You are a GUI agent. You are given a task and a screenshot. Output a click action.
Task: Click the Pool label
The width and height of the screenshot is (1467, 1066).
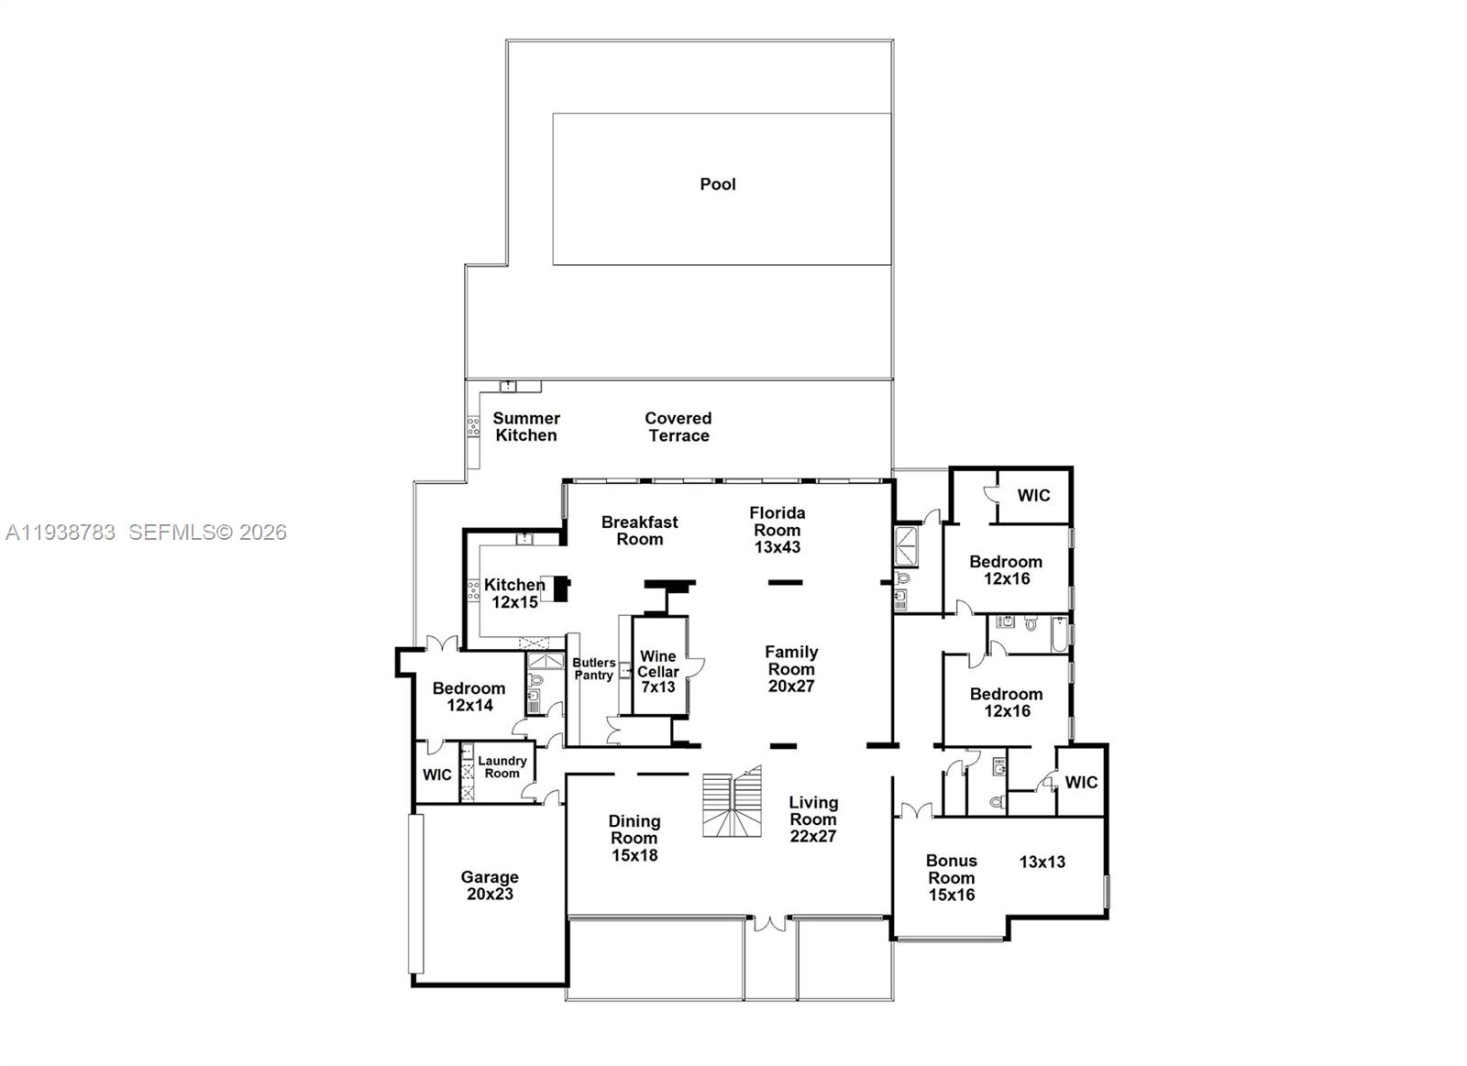(718, 184)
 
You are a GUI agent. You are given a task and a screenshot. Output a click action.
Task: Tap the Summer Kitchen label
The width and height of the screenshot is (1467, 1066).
(526, 427)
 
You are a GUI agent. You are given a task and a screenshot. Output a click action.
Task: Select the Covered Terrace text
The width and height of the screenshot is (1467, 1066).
(678, 427)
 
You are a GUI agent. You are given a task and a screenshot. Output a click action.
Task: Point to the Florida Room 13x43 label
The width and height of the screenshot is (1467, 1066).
(777, 530)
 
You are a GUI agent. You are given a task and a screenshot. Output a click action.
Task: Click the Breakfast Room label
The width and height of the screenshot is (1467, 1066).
(639, 531)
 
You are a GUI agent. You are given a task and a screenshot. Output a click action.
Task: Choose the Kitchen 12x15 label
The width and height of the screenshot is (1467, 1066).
(514, 593)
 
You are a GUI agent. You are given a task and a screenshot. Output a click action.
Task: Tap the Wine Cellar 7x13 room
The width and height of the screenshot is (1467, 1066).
(658, 672)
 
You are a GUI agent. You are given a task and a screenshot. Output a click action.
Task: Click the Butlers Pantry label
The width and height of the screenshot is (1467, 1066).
(593, 669)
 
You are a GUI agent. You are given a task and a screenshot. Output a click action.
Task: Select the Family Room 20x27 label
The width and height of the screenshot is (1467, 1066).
(791, 669)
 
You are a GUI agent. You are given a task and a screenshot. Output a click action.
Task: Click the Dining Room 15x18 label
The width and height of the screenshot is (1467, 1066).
(634, 838)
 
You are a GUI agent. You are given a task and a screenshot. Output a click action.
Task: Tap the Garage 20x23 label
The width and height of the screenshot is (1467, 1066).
(490, 885)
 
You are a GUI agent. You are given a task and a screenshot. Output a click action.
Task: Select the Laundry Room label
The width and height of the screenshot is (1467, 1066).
(502, 767)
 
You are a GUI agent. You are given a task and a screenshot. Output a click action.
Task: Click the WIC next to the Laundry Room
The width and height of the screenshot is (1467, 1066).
(436, 775)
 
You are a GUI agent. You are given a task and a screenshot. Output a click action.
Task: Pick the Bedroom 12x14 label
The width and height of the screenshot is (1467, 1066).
(469, 697)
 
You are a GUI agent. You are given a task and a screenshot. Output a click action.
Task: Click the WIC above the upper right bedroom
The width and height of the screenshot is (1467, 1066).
(1033, 496)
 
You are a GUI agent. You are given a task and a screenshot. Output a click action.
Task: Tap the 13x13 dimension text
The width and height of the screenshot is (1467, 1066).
(1042, 862)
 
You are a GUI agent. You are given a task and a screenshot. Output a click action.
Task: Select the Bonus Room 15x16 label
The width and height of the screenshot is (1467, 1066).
(952, 877)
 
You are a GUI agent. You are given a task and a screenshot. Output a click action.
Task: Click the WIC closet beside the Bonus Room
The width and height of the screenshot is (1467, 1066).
(1081, 783)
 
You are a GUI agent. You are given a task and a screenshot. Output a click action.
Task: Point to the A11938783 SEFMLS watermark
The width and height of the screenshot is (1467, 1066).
(146, 533)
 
